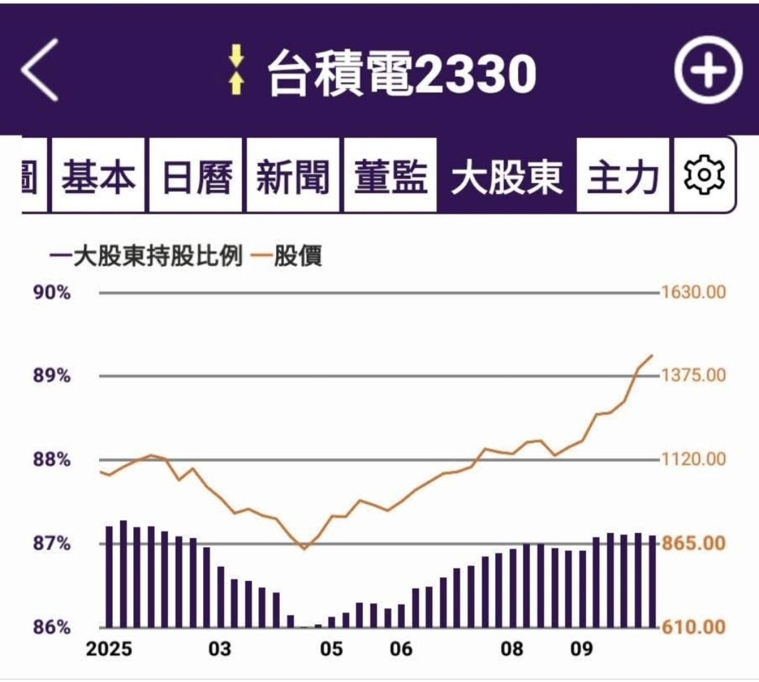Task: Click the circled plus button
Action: (x=708, y=70)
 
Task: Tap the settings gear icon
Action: (x=704, y=175)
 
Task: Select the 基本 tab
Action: (x=98, y=176)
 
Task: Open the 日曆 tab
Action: (x=196, y=176)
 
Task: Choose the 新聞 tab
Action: (x=293, y=176)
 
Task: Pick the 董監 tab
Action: (x=390, y=176)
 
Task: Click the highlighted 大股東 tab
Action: (x=506, y=176)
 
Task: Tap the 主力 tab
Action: (x=622, y=176)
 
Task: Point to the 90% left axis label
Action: (x=52, y=293)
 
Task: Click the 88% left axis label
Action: (x=52, y=460)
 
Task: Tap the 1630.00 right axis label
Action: (x=694, y=292)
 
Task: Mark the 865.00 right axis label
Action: (x=694, y=543)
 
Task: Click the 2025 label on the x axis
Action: (x=109, y=649)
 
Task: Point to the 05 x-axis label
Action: (x=331, y=649)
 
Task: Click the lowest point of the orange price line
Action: (x=304, y=549)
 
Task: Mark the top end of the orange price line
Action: (x=652, y=355)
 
